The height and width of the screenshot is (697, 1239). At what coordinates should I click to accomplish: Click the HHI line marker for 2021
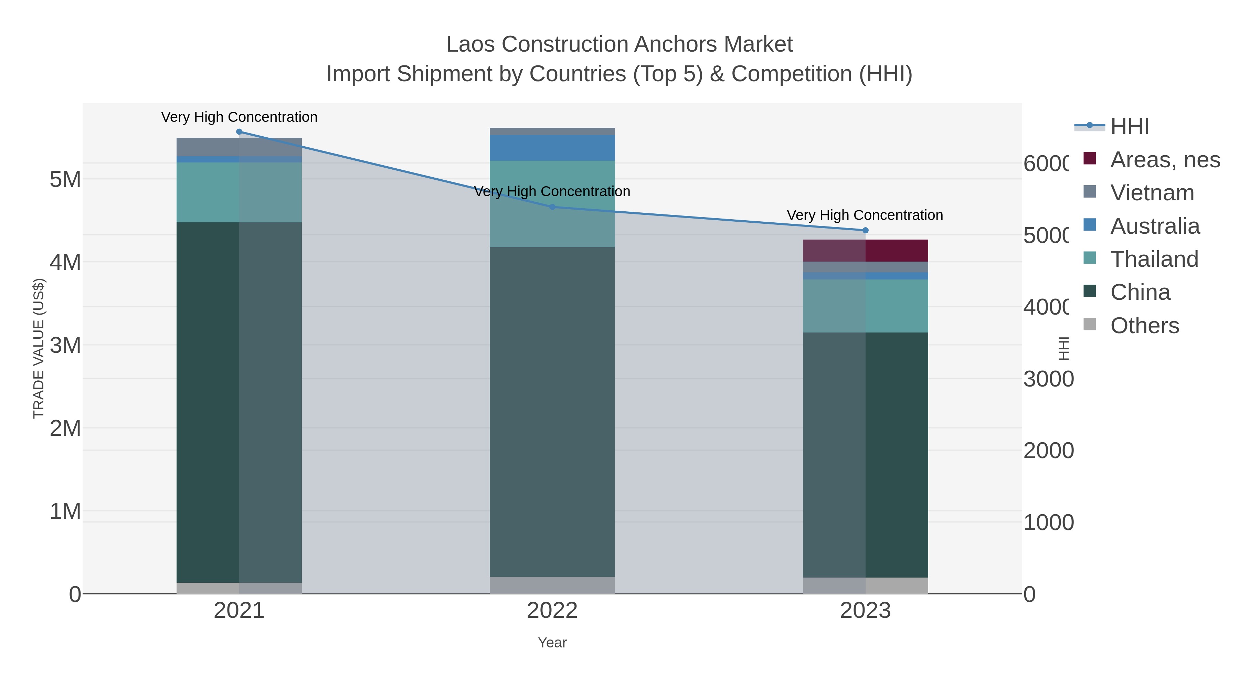coord(239,132)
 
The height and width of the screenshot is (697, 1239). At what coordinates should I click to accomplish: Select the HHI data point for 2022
coord(552,207)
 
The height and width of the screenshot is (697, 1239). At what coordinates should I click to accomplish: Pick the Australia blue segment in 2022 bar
coord(552,148)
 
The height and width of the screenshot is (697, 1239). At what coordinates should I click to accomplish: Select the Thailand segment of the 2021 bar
coord(239,192)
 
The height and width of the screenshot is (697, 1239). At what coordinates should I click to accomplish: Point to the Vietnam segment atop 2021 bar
coord(239,147)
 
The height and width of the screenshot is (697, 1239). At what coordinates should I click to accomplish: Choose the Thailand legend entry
coord(1154,259)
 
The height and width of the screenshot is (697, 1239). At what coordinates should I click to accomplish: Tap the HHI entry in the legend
coord(1129,127)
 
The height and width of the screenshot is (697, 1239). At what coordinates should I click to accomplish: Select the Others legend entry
coord(1144,326)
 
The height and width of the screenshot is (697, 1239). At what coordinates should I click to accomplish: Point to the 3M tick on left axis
coord(65,345)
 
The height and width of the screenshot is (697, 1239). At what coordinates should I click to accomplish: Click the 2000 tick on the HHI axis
coord(1048,451)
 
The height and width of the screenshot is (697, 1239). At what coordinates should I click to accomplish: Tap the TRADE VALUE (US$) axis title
coord(39,348)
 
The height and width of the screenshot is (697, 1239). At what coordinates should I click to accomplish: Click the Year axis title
coord(552,643)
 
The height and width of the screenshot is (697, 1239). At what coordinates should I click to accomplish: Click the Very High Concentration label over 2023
coord(865,215)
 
